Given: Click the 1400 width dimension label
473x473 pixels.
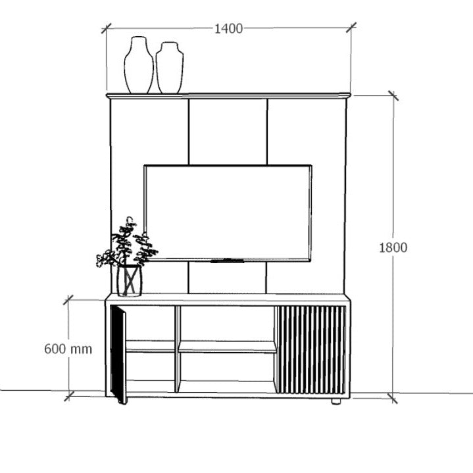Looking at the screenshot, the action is [x=228, y=29].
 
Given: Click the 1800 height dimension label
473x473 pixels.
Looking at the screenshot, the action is [x=393, y=247].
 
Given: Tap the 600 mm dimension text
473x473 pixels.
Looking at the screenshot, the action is [x=68, y=349].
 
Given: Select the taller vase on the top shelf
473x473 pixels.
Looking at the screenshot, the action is [x=139, y=65].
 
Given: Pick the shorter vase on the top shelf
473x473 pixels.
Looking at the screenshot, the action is [x=170, y=68].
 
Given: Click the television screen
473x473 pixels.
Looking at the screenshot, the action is [x=228, y=212].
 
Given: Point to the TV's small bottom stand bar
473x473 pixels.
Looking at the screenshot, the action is [x=227, y=261].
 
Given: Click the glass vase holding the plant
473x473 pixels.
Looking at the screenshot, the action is [x=129, y=280].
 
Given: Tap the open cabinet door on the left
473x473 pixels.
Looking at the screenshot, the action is [x=118, y=354].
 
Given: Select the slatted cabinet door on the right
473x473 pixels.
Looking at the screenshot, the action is [x=311, y=349].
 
